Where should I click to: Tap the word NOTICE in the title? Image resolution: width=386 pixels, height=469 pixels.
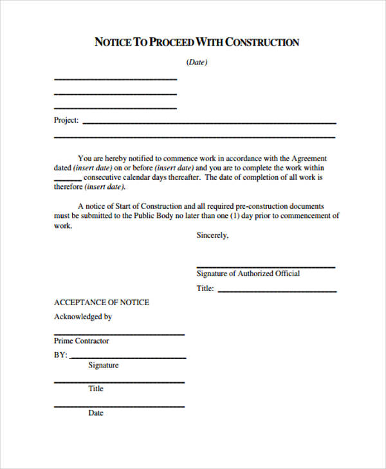(x=112, y=42)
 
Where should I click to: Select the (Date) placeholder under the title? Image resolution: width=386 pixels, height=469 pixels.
(x=197, y=62)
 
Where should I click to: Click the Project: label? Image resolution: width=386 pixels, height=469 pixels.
(x=66, y=120)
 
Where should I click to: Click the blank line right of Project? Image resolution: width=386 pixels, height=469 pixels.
(x=209, y=122)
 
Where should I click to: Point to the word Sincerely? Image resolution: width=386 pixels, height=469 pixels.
(x=212, y=235)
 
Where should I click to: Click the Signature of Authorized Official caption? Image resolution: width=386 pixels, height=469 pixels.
(x=248, y=273)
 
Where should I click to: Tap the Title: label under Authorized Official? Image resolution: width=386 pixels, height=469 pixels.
(x=205, y=288)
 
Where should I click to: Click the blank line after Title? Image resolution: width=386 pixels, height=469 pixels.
(x=277, y=291)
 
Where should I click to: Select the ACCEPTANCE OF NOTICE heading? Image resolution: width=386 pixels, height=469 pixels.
(x=102, y=302)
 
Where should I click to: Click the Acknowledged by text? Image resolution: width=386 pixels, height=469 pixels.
(x=83, y=316)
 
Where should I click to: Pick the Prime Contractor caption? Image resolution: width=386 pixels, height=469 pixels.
(x=82, y=341)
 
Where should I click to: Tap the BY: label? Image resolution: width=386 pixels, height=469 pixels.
(x=60, y=355)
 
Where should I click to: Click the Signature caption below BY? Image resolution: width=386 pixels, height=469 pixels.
(x=103, y=365)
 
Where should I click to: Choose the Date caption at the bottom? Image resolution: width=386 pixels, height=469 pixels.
(x=96, y=413)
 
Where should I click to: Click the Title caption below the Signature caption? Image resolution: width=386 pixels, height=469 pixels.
(x=96, y=389)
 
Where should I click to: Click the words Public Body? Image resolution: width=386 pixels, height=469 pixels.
(x=156, y=216)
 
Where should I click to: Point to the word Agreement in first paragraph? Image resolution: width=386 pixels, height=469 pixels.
(x=309, y=158)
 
